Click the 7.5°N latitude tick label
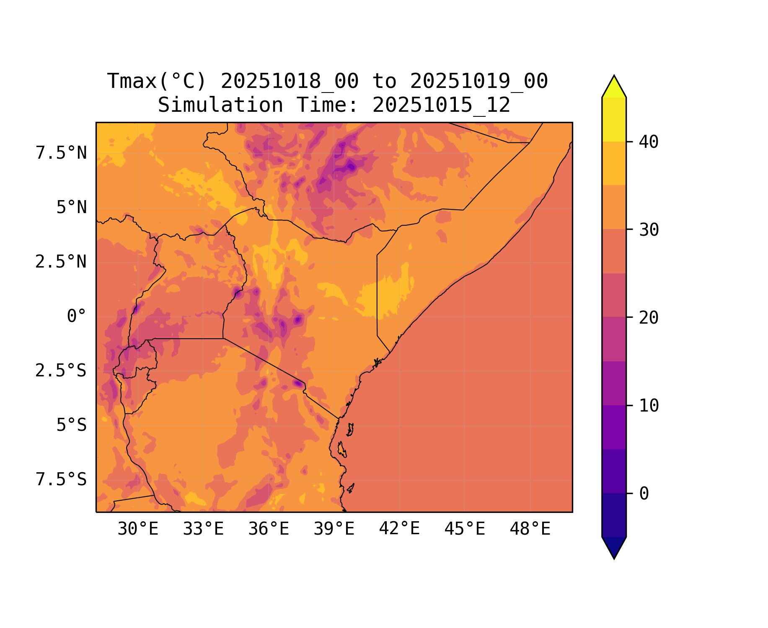tap(61, 153)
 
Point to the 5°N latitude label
tap(72, 208)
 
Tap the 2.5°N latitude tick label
tap(61, 262)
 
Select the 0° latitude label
tap(77, 317)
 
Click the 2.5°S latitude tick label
tap(61, 371)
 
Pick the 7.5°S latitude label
tap(61, 480)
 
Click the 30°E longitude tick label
tap(138, 529)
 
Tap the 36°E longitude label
tap(269, 529)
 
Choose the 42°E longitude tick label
tap(399, 529)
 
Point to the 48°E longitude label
tap(530, 529)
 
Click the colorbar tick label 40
tap(649, 142)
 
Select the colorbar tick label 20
tap(649, 318)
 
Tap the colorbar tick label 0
tap(644, 494)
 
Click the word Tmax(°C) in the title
tap(157, 81)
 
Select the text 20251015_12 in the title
tap(441, 105)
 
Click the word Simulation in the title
tap(220, 105)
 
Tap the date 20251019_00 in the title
tap(479, 81)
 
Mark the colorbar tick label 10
tap(649, 406)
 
